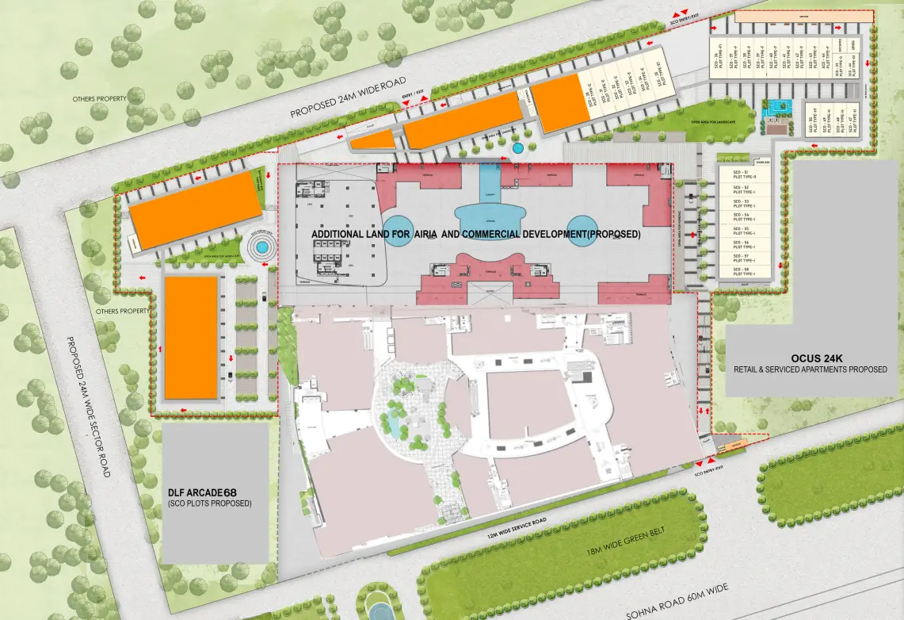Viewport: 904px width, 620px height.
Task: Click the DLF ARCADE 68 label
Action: (x=203, y=492)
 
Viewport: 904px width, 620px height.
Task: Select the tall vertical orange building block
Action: (x=191, y=337)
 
